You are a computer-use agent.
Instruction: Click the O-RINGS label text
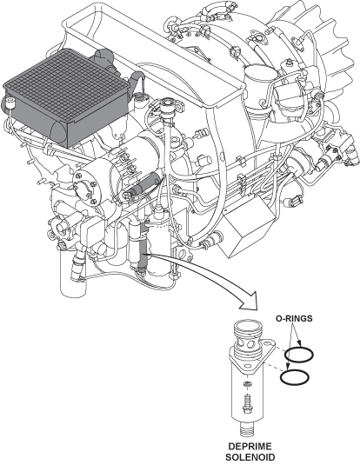[294, 318]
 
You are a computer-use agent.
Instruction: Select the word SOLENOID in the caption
[250, 457]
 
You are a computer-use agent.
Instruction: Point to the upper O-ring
[298, 355]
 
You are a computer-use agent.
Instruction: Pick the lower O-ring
[295, 377]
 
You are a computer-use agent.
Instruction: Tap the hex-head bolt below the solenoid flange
[247, 404]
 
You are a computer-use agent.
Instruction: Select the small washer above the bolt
[247, 384]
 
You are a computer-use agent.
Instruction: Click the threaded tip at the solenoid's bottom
[247, 428]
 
